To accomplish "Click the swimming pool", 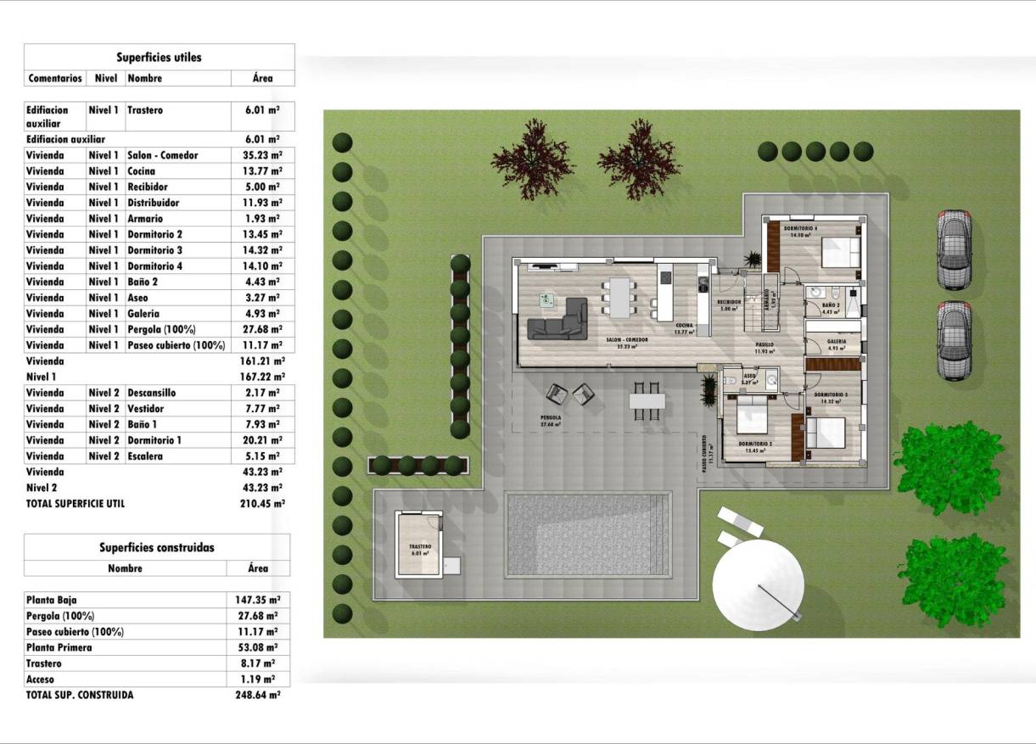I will point(588,534).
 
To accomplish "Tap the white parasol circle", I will point(758,585).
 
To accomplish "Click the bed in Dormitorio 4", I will point(840,251).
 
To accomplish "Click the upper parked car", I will point(954,249).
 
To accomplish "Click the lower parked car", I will point(954,339).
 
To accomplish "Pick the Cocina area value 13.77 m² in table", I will point(262,171).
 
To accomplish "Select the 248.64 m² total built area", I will point(257,695).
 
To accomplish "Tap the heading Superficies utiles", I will point(160,58).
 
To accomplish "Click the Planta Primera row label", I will point(59,647).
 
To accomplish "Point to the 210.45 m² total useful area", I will point(262,503).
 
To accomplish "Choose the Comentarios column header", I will point(55,78).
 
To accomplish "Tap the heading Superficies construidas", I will point(157,548).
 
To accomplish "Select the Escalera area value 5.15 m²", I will point(262,456).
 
